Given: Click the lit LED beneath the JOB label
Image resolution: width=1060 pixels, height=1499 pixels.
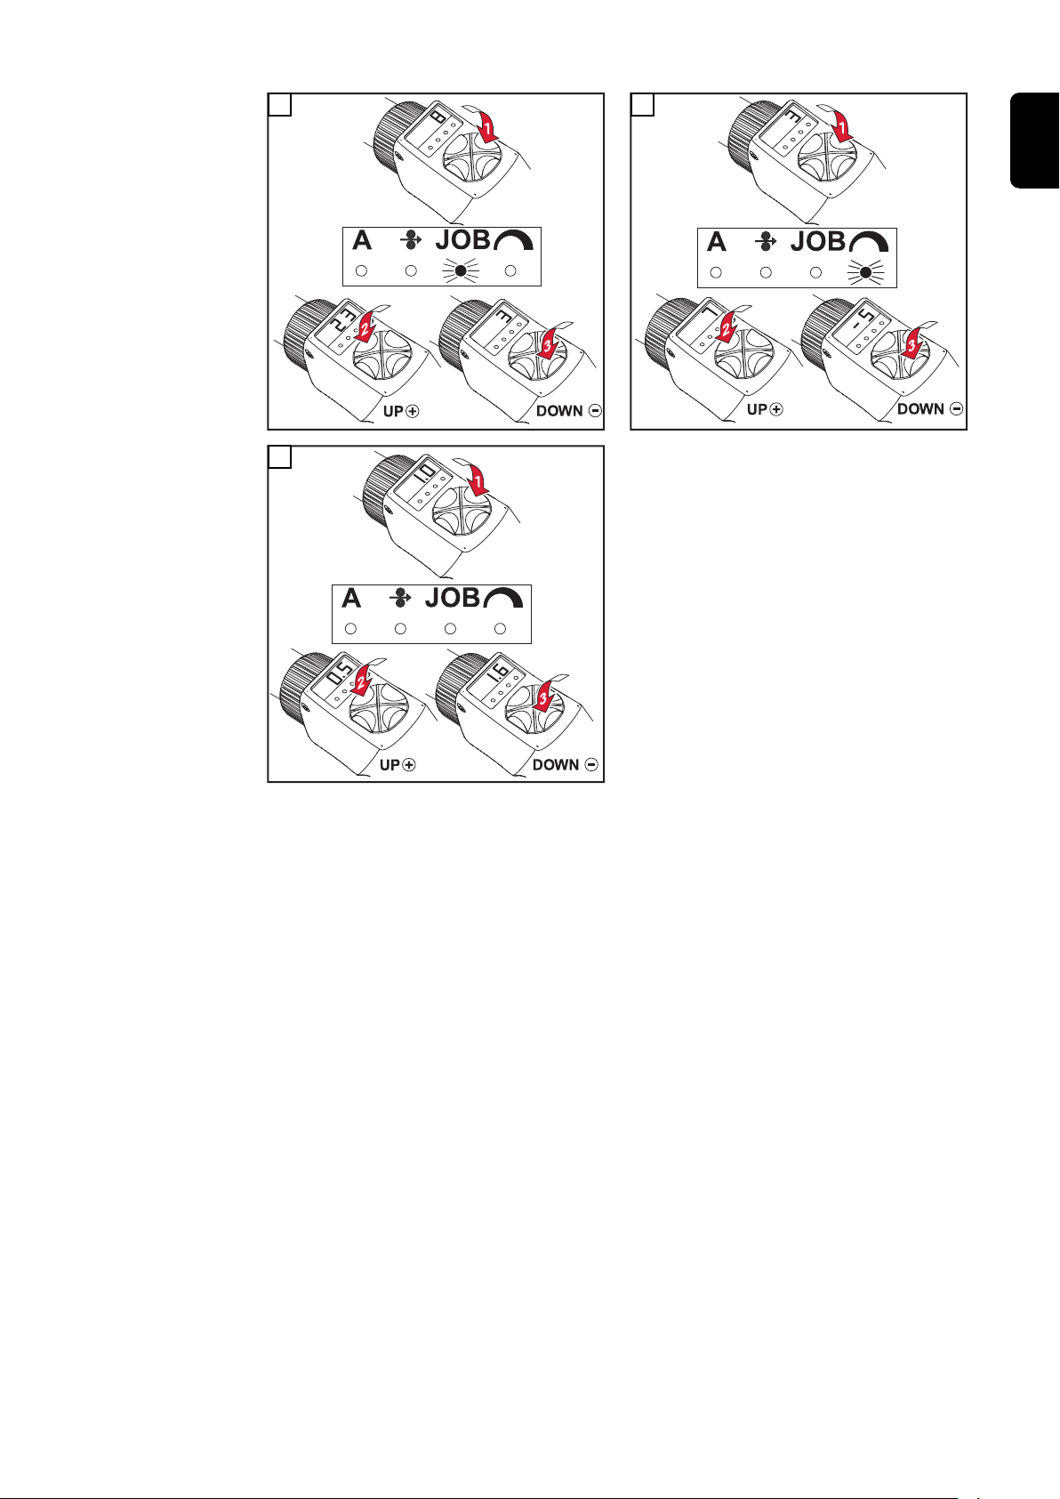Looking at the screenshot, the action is tap(460, 271).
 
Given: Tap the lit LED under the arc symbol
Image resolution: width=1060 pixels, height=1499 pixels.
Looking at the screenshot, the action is tap(865, 272).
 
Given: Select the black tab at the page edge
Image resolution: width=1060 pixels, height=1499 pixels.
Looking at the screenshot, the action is tap(1034, 141).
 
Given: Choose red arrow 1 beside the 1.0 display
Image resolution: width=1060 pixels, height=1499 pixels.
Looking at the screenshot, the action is tap(478, 480).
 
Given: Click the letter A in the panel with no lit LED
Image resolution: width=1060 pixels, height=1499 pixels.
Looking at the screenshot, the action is tap(351, 598).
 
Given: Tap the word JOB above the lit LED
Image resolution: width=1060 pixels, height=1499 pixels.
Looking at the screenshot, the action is tap(462, 239).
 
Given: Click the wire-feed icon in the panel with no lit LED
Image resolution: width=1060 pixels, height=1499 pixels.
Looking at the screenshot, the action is tap(400, 598).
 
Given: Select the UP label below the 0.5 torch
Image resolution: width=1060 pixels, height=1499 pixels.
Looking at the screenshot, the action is tap(390, 764).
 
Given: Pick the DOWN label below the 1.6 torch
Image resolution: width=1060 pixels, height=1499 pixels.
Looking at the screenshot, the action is tap(556, 764).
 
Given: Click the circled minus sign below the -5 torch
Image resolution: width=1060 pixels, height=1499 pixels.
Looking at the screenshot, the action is tap(956, 408).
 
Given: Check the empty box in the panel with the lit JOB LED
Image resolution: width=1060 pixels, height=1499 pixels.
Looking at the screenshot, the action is tap(279, 104).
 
